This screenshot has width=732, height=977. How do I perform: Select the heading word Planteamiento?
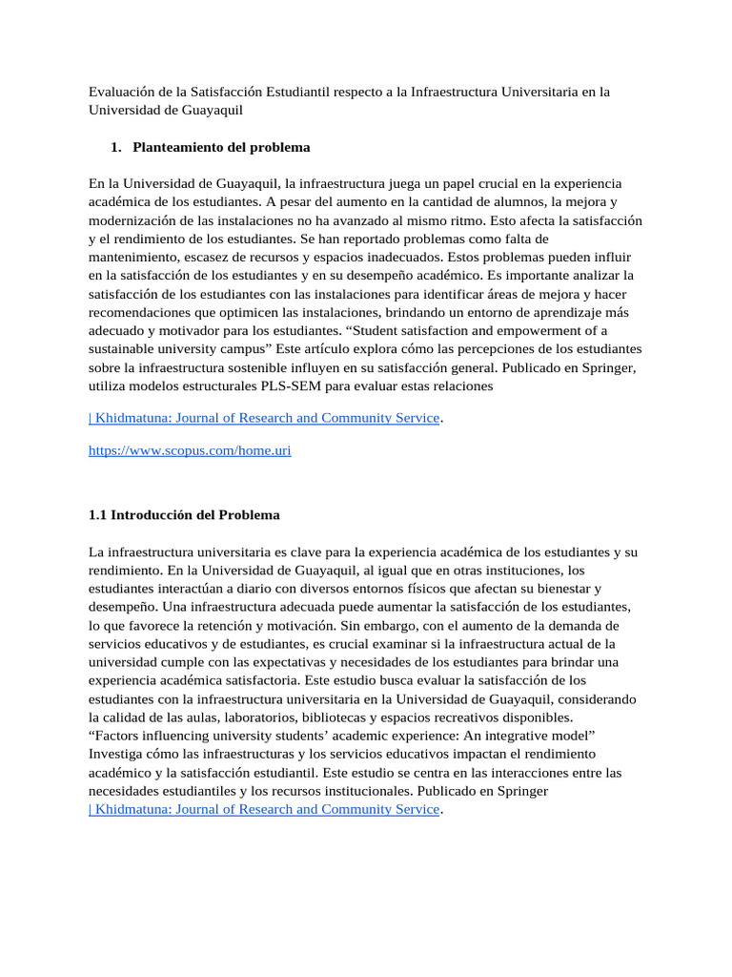pyautogui.click(x=179, y=147)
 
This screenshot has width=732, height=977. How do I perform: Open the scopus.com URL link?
pyautogui.click(x=190, y=450)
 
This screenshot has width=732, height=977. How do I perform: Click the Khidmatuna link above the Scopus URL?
pyautogui.click(x=263, y=418)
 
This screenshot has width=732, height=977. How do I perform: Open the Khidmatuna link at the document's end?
pyautogui.click(x=263, y=809)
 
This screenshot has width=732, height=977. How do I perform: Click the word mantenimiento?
pyautogui.click(x=133, y=257)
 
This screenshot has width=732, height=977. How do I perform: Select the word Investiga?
pyautogui.click(x=117, y=754)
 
